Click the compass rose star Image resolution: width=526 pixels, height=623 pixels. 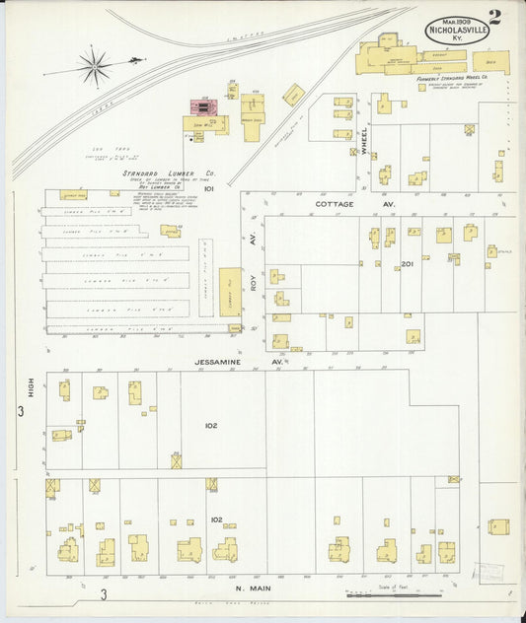(95, 67)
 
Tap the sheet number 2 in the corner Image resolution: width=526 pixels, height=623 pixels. (493, 17)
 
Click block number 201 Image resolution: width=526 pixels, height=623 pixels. (407, 264)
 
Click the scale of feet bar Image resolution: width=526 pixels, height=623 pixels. (394, 594)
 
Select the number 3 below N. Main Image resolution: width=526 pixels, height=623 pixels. (102, 593)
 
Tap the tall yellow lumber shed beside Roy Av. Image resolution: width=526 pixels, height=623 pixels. (229, 292)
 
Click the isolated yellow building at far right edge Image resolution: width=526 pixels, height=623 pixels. (498, 526)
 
